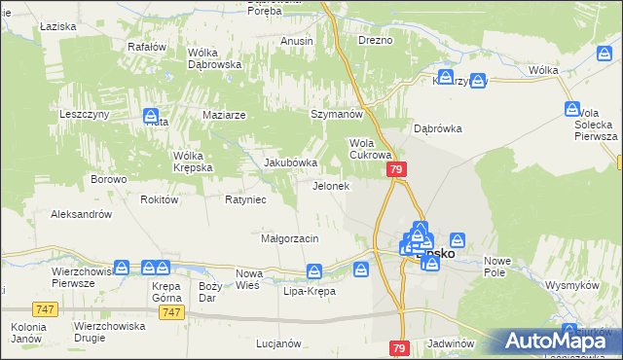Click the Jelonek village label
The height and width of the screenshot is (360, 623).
coord(330,186)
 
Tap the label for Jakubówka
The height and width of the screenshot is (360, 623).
coord(292,162)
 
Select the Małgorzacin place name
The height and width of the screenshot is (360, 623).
coord(290,238)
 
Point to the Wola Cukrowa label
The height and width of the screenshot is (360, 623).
coord(370,148)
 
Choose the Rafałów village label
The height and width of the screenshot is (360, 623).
coord(148,46)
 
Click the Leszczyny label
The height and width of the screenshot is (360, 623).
coord(84,114)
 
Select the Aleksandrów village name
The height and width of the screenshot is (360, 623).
coord(82,214)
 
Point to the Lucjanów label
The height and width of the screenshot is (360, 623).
coord(275,343)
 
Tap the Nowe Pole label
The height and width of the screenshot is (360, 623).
coord(498,266)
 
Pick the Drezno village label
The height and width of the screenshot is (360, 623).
coord(375,41)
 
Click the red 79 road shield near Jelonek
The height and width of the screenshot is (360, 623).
coord(396,169)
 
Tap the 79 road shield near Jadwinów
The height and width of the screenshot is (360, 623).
coord(400,347)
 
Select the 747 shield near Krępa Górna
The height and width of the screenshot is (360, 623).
coord(171,311)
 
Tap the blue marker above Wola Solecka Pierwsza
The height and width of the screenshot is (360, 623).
coord(571,110)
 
